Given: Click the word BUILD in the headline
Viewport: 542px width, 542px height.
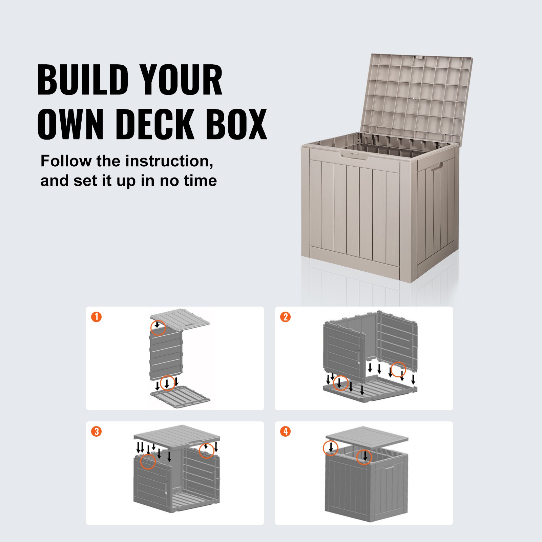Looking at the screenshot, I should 83,80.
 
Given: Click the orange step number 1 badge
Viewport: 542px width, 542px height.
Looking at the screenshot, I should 97,317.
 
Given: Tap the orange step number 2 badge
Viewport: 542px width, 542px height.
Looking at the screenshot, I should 286,317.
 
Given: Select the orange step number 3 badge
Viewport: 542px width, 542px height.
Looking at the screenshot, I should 97,432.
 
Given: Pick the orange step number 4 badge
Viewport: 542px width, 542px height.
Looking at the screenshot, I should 286,432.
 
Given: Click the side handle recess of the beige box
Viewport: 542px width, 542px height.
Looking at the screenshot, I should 437,167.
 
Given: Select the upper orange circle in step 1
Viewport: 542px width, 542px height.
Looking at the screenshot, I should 158,327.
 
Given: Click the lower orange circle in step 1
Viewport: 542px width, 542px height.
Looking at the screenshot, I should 167,383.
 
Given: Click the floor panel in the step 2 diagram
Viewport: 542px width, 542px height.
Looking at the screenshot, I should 373,390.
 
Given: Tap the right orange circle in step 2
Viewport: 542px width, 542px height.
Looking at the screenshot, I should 398,370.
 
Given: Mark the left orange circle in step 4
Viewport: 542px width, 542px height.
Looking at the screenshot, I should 331,448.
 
